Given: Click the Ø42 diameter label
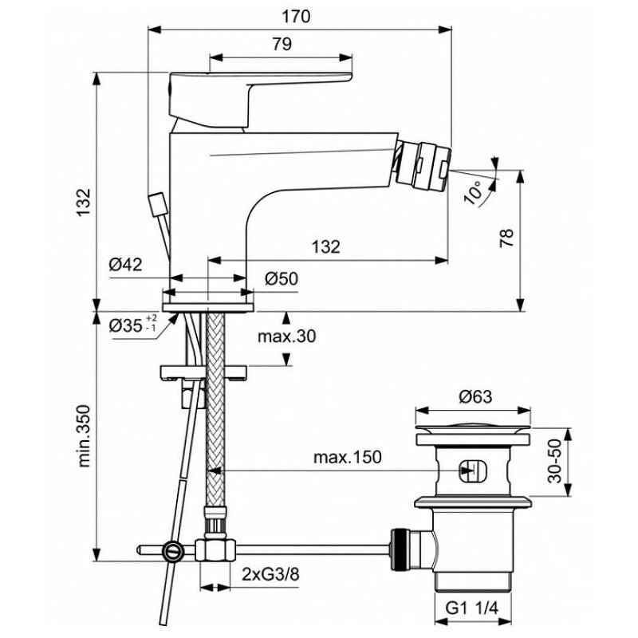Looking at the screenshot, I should click(x=126, y=265).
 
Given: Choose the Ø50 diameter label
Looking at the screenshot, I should click(x=280, y=278).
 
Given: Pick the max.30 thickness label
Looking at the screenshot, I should click(x=286, y=337).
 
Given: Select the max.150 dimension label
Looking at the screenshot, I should click(x=347, y=457).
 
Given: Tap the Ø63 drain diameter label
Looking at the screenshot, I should click(x=476, y=396).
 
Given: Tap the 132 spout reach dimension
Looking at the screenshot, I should click(x=326, y=246).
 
